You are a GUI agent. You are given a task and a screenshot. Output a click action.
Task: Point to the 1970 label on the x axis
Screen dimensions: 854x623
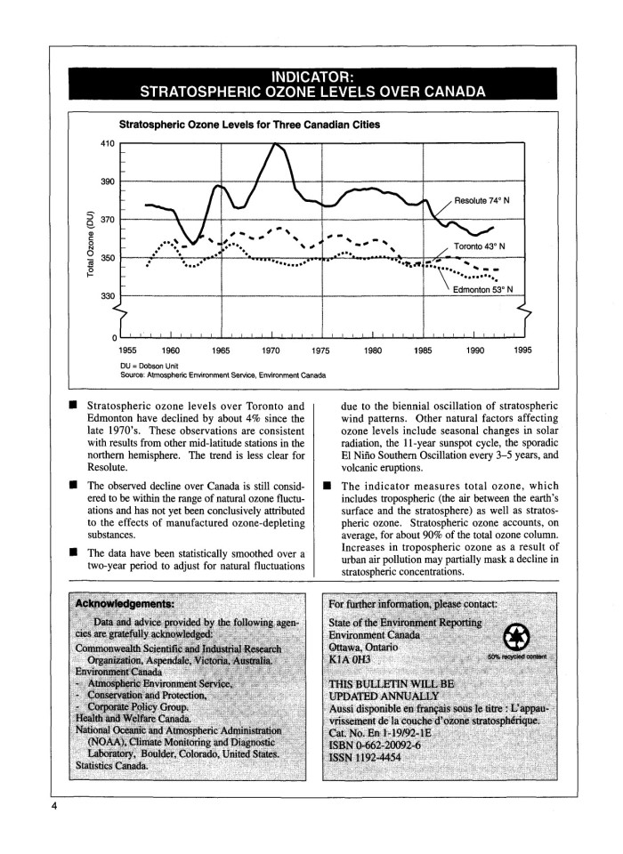coord(271,350)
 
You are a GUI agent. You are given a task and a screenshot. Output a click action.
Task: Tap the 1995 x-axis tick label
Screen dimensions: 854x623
coord(522,350)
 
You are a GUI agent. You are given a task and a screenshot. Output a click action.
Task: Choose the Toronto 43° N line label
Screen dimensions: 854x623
coord(480,246)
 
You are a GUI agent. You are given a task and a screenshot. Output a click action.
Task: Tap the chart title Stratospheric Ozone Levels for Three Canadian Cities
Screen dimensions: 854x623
coord(250,125)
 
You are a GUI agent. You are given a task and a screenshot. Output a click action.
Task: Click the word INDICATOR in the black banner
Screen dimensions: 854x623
coord(311,76)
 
